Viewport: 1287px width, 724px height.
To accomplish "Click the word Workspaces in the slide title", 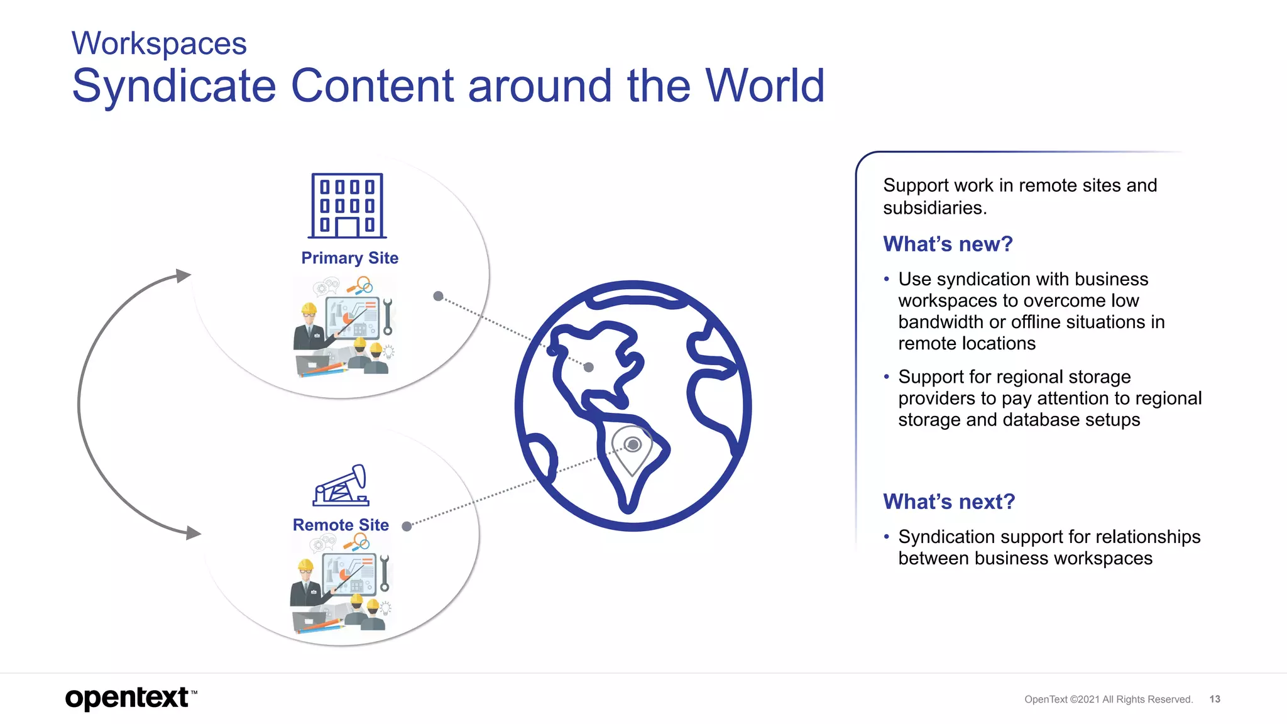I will (159, 44).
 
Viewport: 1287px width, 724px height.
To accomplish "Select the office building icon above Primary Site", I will (347, 206).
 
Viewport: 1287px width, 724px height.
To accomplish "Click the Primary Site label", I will (349, 258).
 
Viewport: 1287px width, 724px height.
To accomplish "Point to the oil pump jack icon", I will (341, 485).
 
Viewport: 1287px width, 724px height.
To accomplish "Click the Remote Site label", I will (341, 525).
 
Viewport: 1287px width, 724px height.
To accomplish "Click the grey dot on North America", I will (589, 368).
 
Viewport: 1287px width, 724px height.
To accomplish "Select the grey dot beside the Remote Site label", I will (407, 527).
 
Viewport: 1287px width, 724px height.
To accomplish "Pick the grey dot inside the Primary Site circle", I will (439, 296).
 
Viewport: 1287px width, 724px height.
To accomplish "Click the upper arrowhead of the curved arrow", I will (183, 276).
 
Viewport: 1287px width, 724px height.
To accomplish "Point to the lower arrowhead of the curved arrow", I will (193, 533).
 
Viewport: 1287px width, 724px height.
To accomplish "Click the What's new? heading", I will (948, 244).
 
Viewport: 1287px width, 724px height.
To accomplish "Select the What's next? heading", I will (949, 502).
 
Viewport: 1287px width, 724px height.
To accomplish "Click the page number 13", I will (1215, 699).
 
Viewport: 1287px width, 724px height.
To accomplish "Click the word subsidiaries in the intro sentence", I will (934, 208).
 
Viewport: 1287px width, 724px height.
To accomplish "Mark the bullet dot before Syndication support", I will (887, 537).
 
